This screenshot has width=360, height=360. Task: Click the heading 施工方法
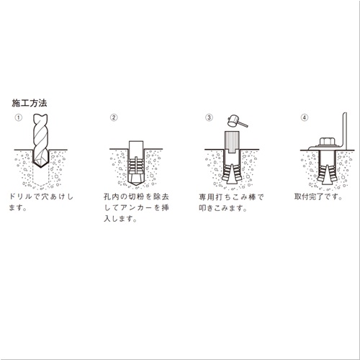30,103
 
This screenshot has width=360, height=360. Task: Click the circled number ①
19,117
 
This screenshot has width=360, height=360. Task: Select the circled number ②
114,117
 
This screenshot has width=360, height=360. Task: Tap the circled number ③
209,117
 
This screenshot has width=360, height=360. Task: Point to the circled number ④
305,117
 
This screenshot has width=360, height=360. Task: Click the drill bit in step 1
40,140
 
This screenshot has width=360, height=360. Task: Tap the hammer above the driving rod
236,121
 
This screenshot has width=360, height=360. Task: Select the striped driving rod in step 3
232,142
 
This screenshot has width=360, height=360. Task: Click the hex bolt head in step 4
328,142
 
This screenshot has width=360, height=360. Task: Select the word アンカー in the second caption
136,207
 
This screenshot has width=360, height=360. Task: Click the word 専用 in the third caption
207,197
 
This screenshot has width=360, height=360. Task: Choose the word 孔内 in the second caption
112,197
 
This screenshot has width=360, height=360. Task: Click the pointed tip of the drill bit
41,167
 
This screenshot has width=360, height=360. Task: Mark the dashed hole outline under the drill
41,177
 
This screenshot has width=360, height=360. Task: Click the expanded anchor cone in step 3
232,174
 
